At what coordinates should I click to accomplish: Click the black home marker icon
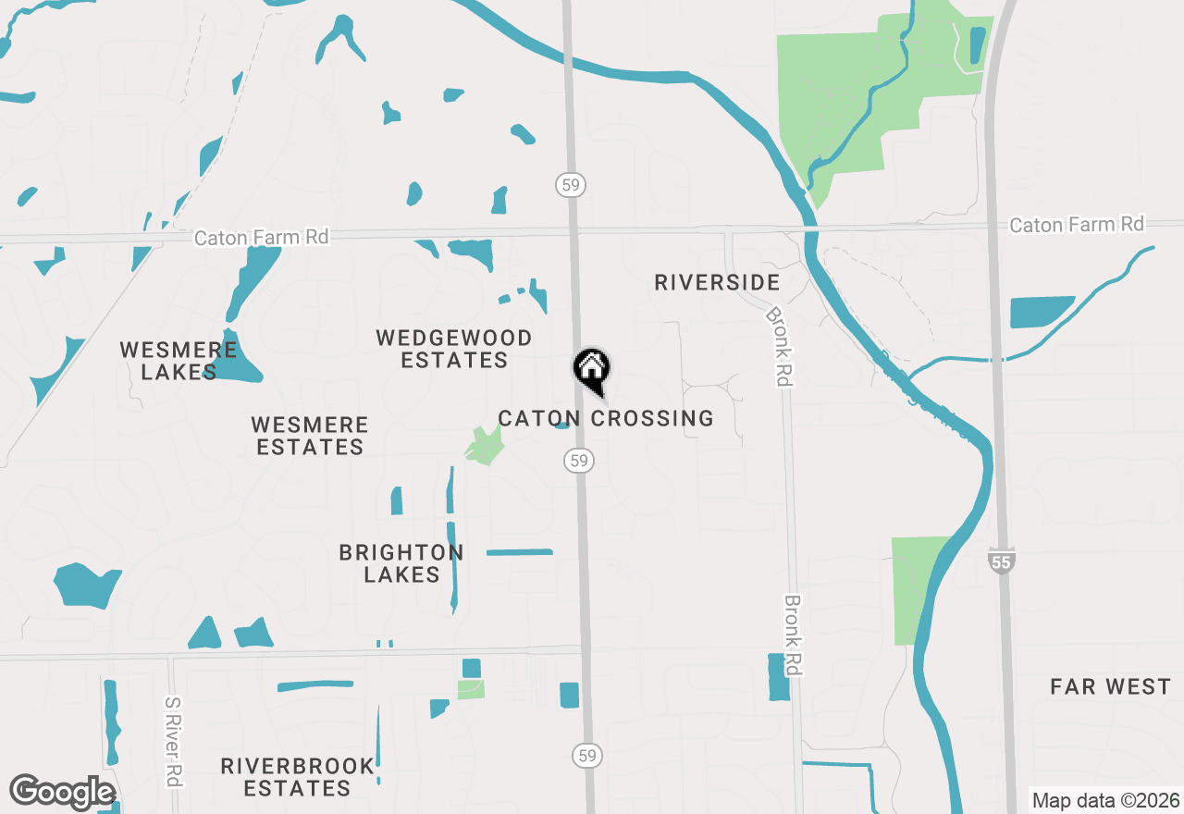(592, 371)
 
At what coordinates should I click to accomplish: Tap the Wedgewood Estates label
(454, 349)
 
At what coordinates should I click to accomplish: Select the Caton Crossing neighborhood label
(606, 419)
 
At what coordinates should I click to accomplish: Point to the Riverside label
(717, 282)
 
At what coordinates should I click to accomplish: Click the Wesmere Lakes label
(179, 361)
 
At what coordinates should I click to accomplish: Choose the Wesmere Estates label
(310, 436)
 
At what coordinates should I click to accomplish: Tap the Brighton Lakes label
(401, 563)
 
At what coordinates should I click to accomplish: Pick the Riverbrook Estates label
(298, 777)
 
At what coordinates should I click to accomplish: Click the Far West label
(1110, 686)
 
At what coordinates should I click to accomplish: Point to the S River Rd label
(172, 741)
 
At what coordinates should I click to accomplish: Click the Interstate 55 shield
(1002, 560)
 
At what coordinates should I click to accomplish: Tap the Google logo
(62, 793)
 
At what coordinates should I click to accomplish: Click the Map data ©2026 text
(1105, 800)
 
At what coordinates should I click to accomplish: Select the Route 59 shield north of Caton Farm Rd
(571, 185)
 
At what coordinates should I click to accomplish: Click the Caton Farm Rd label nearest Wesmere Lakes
(261, 238)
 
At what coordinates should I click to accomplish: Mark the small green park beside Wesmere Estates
(484, 447)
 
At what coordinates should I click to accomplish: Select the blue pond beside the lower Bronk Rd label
(779, 677)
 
